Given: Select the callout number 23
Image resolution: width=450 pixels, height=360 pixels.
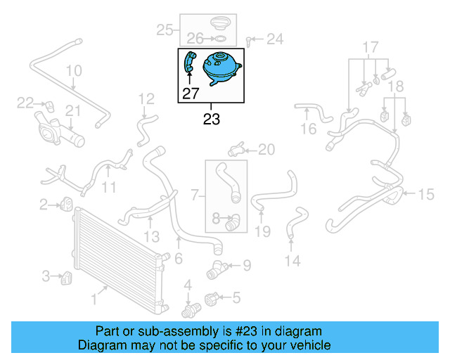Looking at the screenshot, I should tap(211, 119).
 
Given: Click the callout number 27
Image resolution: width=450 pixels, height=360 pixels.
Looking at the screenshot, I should tap(191, 92).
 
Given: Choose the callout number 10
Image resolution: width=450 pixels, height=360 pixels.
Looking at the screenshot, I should tap(74, 71).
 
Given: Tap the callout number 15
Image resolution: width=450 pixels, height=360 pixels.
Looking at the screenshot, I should tap(426, 194).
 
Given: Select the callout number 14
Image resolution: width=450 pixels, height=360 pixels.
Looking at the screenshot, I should tap(292, 261).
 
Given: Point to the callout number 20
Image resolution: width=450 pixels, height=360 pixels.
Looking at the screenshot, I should tap(266, 149).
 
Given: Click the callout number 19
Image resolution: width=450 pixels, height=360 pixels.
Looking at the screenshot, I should tap(262, 231).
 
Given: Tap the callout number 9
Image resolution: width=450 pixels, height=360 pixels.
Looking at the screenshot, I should tap(246, 265).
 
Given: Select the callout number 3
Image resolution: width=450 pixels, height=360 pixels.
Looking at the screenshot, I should tap(46, 276).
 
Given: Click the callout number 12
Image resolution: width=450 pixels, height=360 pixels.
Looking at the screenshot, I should tap(146, 98).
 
